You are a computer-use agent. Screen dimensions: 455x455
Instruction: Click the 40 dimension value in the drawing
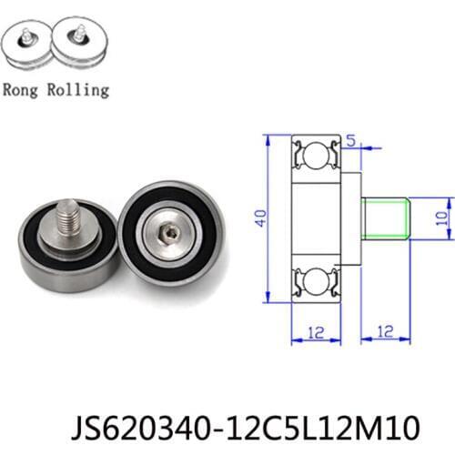[x=258, y=219]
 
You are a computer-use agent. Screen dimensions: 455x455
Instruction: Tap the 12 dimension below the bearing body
[x=313, y=333]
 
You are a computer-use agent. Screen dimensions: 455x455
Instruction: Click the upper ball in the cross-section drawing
[x=315, y=157]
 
